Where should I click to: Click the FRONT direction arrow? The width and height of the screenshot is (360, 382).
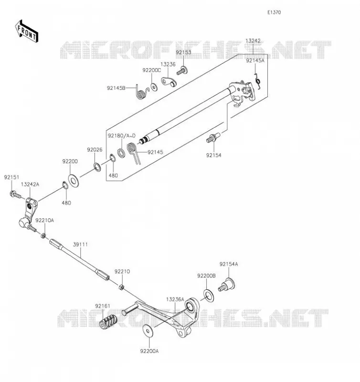coord(27,31)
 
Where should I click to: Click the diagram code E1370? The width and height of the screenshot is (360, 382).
coord(274,12)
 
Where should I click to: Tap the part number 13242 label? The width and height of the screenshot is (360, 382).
coord(253,41)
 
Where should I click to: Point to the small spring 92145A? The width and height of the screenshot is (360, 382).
coord(258,81)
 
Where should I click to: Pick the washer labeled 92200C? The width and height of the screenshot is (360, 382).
coord(154,87)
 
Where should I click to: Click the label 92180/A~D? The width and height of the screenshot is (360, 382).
coord(122,136)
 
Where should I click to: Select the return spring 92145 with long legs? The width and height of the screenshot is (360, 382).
coord(134,152)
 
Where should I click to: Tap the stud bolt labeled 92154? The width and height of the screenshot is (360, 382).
coord(212,138)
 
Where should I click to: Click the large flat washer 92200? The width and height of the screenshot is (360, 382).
coord(73,181)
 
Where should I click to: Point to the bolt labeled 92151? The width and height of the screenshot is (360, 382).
coord(16,195)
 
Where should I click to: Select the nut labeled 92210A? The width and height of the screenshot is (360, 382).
coord(43,235)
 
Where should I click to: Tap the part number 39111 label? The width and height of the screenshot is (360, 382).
coord(80,244)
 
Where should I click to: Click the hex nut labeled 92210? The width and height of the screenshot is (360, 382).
coord(121,287)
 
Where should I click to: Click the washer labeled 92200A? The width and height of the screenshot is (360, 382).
coord(148,330)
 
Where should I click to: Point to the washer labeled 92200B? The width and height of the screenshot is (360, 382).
coord(209,296)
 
